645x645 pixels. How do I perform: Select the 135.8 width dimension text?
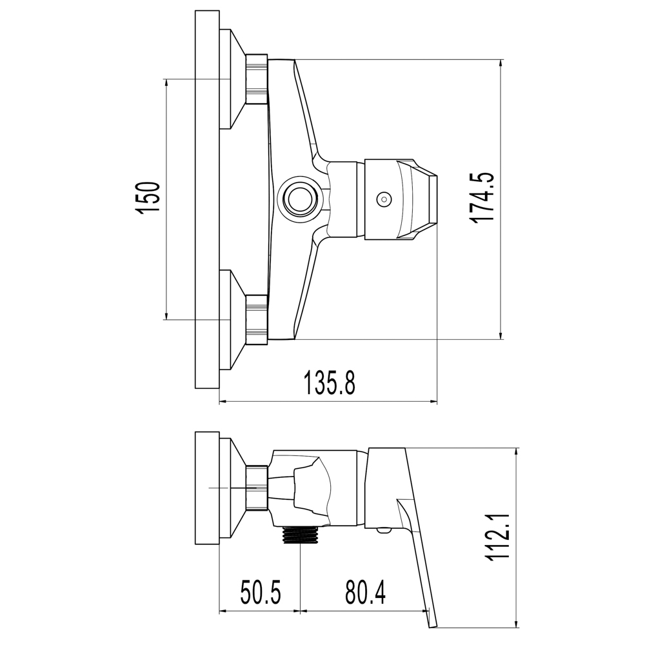(329, 382)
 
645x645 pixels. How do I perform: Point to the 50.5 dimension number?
(260, 593)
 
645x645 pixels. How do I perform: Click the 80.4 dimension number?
(365, 593)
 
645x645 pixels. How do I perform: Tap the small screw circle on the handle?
(384, 200)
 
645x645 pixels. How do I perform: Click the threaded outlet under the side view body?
(301, 534)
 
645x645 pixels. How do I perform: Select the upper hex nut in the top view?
(256, 79)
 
